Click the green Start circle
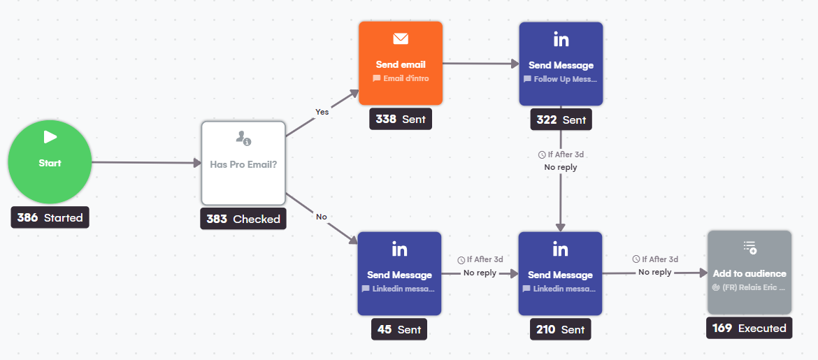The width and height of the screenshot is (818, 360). (50, 162)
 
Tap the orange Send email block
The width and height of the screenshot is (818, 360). (401, 64)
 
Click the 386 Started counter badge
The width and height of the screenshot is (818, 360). (50, 217)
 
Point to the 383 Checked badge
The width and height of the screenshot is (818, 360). (243, 219)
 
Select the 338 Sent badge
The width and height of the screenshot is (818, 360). (401, 119)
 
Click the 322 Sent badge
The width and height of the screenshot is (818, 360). (561, 120)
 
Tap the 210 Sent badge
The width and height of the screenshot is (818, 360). (560, 329)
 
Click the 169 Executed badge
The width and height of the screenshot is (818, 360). (749, 328)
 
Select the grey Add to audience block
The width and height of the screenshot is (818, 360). (749, 273)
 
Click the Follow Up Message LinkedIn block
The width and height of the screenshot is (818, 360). (561, 64)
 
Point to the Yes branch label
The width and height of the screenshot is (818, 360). (322, 112)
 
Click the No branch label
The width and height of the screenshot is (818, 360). (322, 217)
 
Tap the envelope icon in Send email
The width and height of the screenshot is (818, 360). (401, 39)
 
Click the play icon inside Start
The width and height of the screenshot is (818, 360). (50, 137)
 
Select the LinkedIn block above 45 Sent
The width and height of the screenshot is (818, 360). (400, 273)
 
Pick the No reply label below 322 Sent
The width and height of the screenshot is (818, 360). (561, 168)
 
